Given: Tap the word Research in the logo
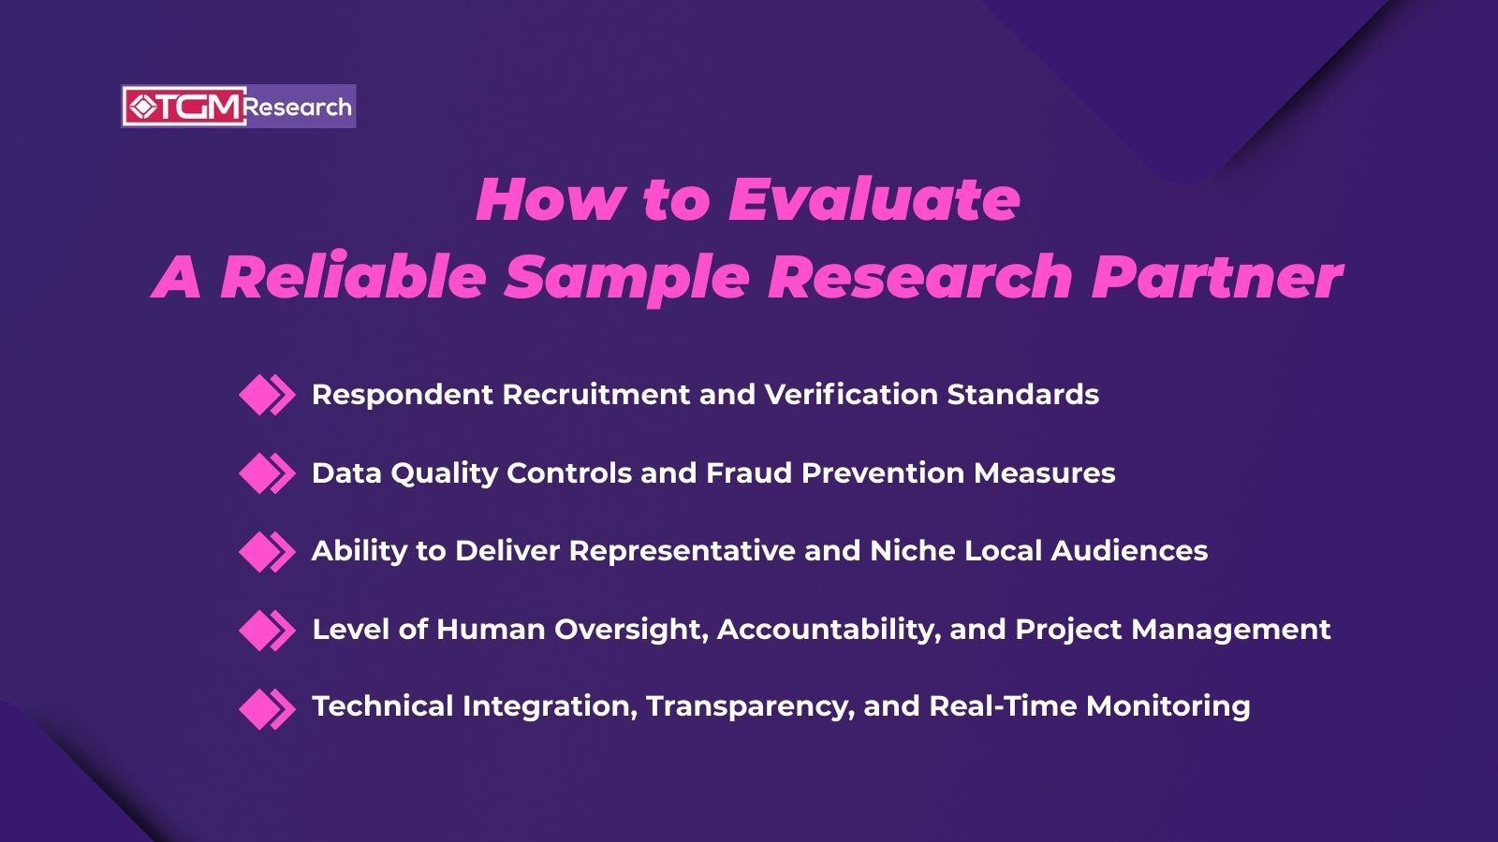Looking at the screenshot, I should click(299, 107).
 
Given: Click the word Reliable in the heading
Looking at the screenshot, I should click(353, 277).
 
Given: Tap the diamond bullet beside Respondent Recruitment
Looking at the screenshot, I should click(266, 395).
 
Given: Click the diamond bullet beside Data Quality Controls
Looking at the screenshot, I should click(266, 473).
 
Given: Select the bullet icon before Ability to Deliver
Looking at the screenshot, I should click(266, 551).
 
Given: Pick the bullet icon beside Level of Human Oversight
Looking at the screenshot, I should click(266, 630).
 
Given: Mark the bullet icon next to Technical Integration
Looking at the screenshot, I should click(266, 707).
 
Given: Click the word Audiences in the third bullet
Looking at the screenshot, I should click(1129, 551).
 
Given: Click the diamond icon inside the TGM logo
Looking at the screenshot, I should click(141, 107).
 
